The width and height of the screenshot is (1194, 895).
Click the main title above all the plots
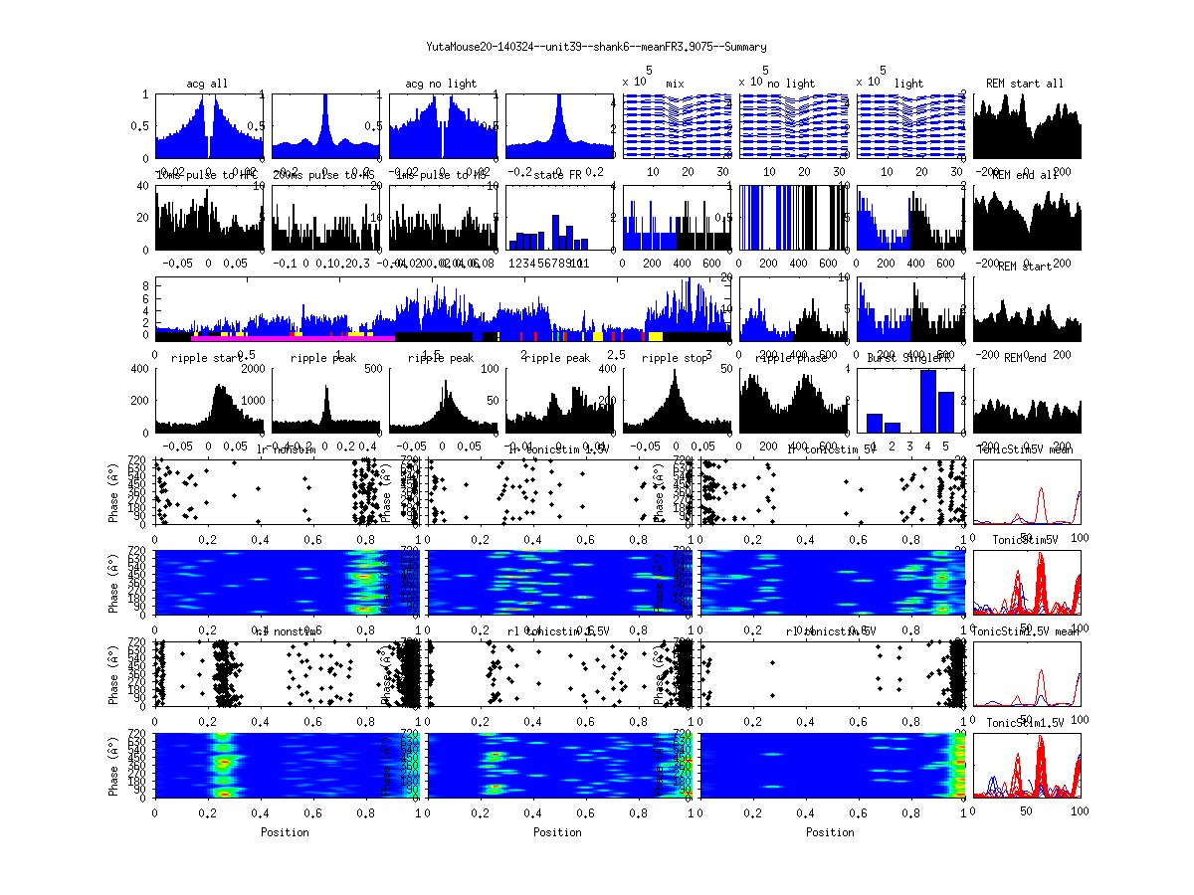(596, 47)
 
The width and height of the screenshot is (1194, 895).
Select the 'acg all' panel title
(207, 84)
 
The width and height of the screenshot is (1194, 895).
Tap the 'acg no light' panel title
(441, 84)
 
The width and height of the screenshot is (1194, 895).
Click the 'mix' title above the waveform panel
(676, 84)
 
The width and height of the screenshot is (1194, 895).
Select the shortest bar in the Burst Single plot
(893, 427)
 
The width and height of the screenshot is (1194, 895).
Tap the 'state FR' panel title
(558, 175)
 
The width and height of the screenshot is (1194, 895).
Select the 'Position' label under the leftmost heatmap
(285, 832)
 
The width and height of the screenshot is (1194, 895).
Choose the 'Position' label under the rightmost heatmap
(831, 832)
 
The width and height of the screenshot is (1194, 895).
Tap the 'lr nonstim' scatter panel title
(285, 449)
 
